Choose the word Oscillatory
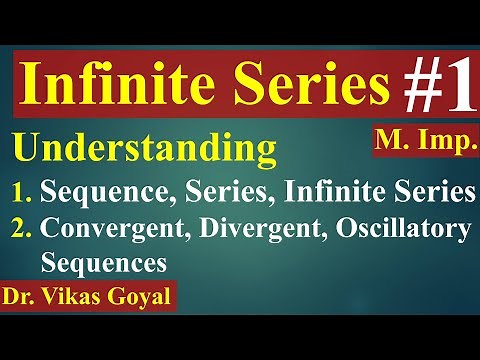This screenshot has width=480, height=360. [400, 230]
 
